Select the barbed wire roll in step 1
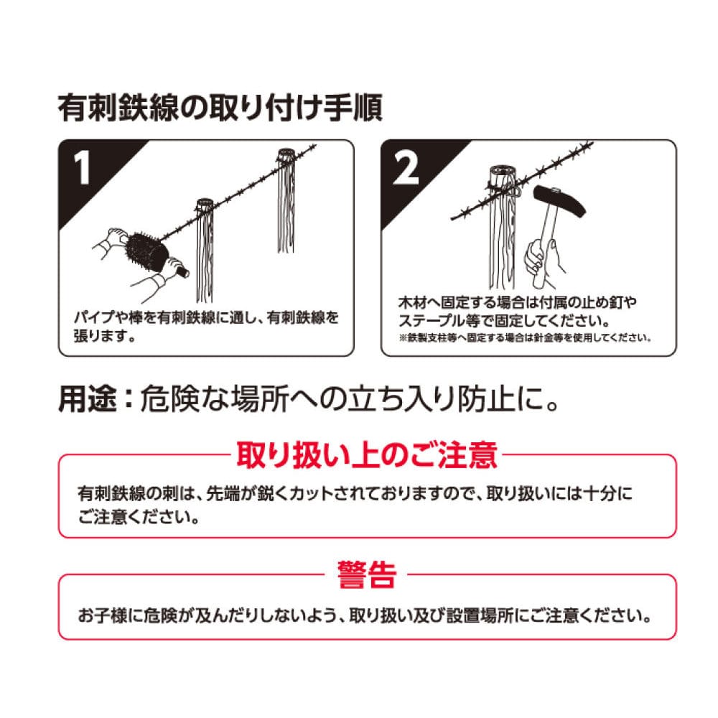click(146, 252)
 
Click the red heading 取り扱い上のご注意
click(366, 454)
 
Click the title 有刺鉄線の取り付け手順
click(220, 108)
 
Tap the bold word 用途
click(88, 398)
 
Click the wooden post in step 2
click(503, 228)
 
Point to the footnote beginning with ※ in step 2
click(525, 338)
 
